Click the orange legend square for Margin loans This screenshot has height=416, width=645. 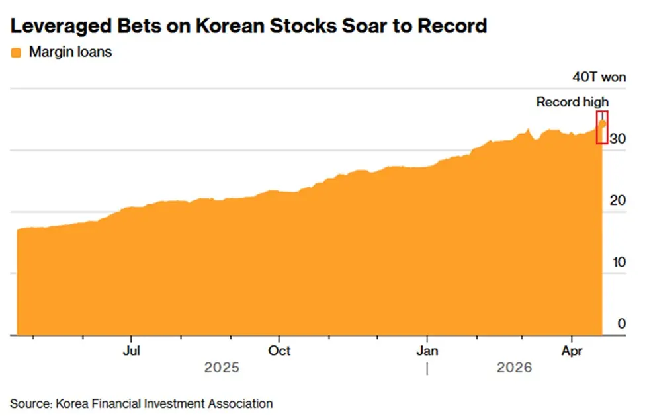point(17,52)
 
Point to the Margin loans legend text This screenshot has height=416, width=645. point(70,52)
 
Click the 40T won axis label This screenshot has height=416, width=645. point(599,77)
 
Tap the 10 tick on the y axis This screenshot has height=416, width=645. point(617,262)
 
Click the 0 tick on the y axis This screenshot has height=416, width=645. point(621,323)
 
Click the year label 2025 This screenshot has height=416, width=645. point(222,368)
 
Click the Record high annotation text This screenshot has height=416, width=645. point(572,102)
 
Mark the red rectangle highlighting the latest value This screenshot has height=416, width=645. point(602,128)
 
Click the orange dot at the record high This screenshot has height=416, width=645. point(602,123)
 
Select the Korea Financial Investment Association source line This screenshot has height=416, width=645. point(141,403)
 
